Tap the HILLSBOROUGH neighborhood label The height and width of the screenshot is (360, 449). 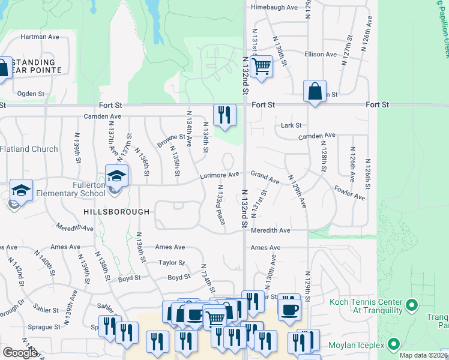[x=116, y=212]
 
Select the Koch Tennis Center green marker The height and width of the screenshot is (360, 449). [x=411, y=306]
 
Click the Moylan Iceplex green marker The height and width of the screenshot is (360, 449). [x=394, y=344]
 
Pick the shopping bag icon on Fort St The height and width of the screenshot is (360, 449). [x=314, y=92]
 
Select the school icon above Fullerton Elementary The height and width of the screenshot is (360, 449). [x=117, y=176]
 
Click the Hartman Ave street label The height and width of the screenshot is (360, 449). [x=40, y=37]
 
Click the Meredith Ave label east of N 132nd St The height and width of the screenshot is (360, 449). [x=270, y=230]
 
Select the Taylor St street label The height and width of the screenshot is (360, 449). [x=171, y=262]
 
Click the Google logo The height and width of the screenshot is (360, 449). [x=19, y=353]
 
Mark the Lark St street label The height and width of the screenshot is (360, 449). [x=291, y=125]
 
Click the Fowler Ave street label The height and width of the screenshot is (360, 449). [x=349, y=193]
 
